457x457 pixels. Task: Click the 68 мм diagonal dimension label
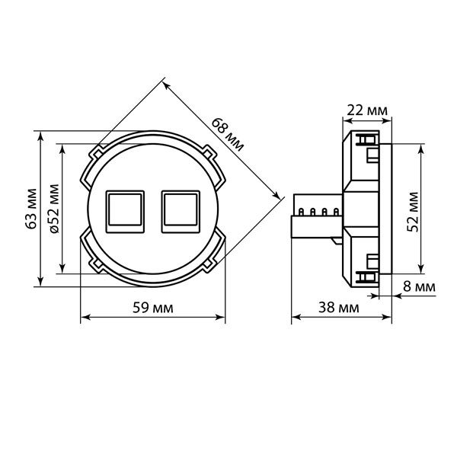pyautogui.click(x=227, y=135)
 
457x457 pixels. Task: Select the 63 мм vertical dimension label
pyautogui.click(x=31, y=209)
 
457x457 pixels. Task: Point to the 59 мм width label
pyautogui.click(x=153, y=308)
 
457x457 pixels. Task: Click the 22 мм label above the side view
pyautogui.click(x=367, y=110)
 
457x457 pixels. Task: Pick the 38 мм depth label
pyautogui.click(x=339, y=307)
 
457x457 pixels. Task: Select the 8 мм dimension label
pyautogui.click(x=419, y=286)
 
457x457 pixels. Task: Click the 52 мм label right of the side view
pyautogui.click(x=413, y=212)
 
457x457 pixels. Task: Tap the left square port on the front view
pyautogui.click(x=125, y=212)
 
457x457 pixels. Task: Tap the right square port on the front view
pyautogui.click(x=181, y=212)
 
